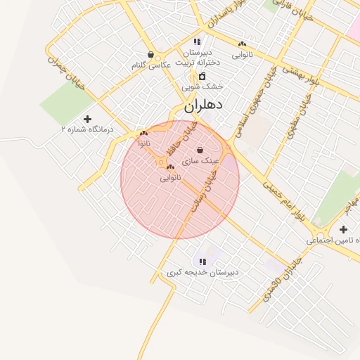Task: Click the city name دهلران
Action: pyautogui.click(x=203, y=105)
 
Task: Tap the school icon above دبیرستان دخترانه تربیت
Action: pyautogui.click(x=197, y=42)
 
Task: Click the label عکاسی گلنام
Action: pyautogui.click(x=151, y=65)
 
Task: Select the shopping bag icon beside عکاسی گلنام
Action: pyautogui.click(x=150, y=54)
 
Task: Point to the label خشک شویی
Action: pyautogui.click(x=202, y=86)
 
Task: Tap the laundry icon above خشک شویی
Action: pyautogui.click(x=202, y=76)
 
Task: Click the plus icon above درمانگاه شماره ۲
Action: pyautogui.click(x=87, y=119)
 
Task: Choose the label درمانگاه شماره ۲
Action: pyautogui.click(x=87, y=129)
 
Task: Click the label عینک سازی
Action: pyautogui.click(x=201, y=160)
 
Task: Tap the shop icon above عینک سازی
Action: pyautogui.click(x=201, y=150)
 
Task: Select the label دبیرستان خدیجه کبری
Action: pyautogui.click(x=202, y=271)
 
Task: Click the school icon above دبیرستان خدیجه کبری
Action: pyautogui.click(x=202, y=262)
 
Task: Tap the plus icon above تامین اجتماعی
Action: pyautogui.click(x=343, y=229)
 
